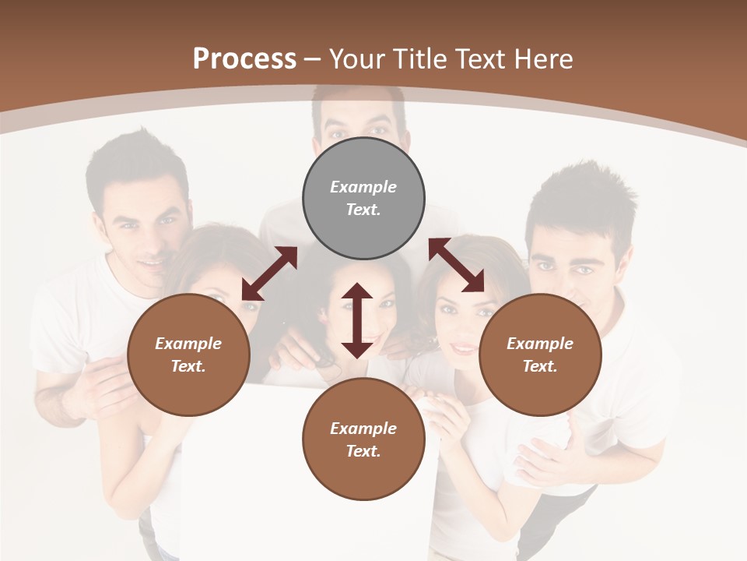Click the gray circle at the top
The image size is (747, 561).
click(x=363, y=199)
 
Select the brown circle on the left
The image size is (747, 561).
click(x=188, y=355)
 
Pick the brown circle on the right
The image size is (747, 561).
click(x=540, y=355)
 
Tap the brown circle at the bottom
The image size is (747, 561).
click(x=363, y=439)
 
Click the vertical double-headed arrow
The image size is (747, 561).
click(x=357, y=320)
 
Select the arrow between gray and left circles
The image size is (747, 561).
click(x=269, y=273)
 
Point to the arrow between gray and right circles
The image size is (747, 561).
click(x=456, y=265)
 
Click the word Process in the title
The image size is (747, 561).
click(x=244, y=58)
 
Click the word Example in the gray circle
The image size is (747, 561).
click(x=363, y=187)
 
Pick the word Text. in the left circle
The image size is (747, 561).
click(x=188, y=366)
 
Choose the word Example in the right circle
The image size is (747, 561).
click(x=540, y=344)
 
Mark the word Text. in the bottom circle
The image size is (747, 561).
click(x=363, y=451)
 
